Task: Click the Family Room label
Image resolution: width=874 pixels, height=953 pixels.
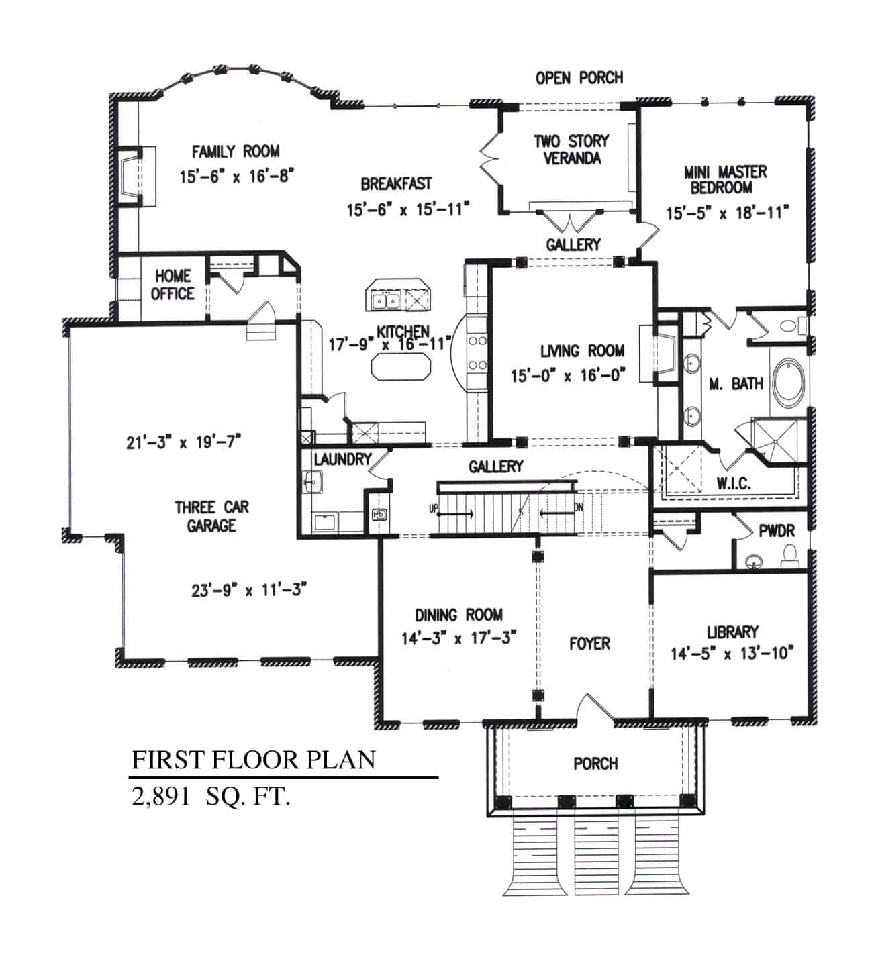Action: [x=236, y=152]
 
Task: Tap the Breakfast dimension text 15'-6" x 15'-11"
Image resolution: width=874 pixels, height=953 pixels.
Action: [x=407, y=210]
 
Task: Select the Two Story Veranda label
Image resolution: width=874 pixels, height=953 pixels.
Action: [x=571, y=150]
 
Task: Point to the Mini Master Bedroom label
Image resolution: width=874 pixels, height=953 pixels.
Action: [x=725, y=179]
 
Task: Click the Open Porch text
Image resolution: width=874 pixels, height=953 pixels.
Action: [x=579, y=78]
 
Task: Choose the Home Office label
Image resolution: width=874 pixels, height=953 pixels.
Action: [x=173, y=285]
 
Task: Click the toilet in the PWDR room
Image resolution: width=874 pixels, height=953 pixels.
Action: [x=789, y=554]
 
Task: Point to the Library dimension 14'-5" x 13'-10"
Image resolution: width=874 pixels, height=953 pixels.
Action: [x=732, y=653]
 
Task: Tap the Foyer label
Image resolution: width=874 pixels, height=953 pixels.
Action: [x=589, y=644]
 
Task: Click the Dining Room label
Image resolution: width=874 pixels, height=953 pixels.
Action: [x=458, y=615]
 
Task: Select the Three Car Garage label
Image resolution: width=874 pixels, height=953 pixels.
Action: [x=211, y=516]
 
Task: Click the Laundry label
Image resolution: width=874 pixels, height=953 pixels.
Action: [x=342, y=460]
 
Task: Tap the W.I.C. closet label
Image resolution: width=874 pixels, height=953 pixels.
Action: [x=734, y=483]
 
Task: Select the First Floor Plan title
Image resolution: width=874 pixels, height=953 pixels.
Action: [x=253, y=760]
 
